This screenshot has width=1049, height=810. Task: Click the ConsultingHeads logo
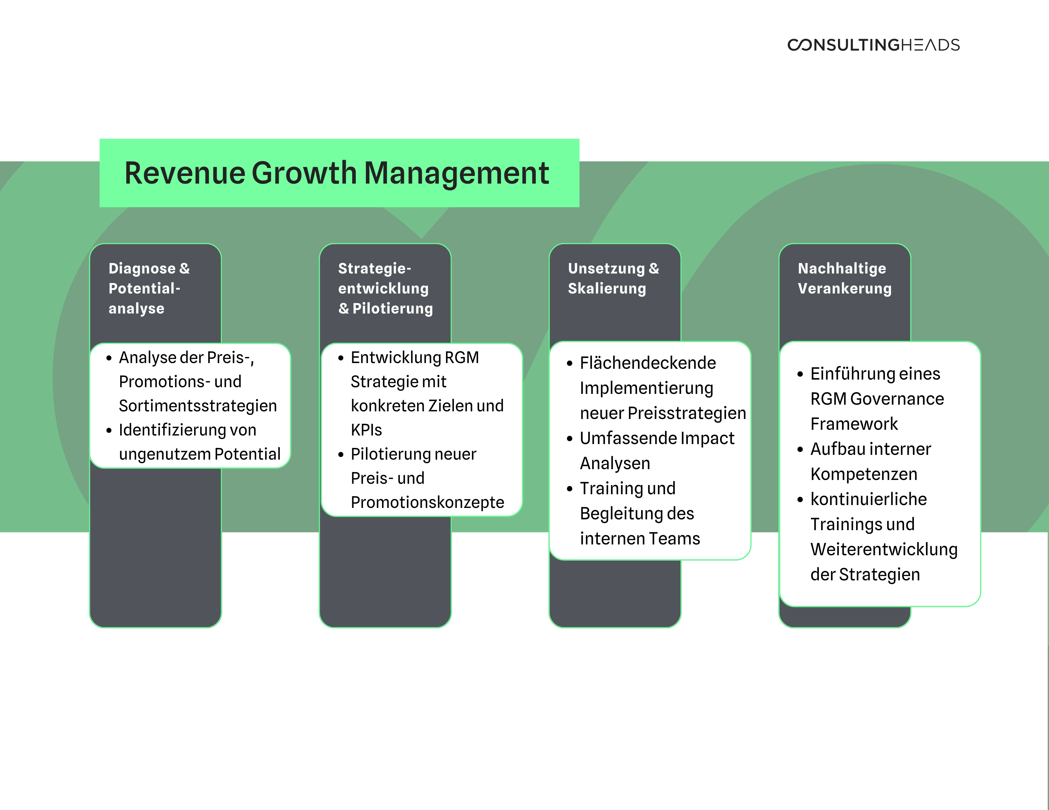pos(873,44)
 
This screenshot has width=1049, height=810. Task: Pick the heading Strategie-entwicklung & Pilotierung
pos(386,288)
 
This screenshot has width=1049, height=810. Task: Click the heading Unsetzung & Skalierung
pos(614,278)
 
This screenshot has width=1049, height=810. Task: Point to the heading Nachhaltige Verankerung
pos(844,278)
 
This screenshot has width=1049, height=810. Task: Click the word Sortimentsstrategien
pos(198,406)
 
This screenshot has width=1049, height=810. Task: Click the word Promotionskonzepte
pos(428,503)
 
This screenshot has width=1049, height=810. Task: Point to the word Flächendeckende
pos(648,363)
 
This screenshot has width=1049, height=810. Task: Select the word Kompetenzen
pos(864,474)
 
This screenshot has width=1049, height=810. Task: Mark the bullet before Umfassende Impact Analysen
pos(570,439)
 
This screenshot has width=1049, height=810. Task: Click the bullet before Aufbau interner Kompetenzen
pos(800,449)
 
